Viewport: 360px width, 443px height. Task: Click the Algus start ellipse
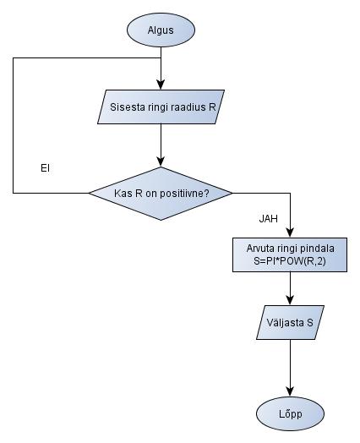click(x=161, y=30)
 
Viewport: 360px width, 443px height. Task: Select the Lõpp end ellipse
click(x=290, y=413)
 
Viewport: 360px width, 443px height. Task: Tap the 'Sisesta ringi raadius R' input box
click(x=161, y=107)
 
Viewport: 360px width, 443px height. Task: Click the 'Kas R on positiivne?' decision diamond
click(x=161, y=193)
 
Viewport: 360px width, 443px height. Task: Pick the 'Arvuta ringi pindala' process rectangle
click(x=290, y=254)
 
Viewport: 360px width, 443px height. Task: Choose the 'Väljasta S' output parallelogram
click(x=290, y=323)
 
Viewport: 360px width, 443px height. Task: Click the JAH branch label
click(x=269, y=218)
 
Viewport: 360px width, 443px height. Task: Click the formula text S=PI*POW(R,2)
click(x=290, y=261)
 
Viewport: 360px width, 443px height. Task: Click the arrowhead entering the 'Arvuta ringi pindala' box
click(x=290, y=234)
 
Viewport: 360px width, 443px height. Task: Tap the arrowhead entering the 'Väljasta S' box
click(x=290, y=303)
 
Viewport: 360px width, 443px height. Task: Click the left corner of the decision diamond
click(x=90, y=193)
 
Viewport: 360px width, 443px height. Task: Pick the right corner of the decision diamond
click(x=232, y=193)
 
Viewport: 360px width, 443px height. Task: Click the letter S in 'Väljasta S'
click(x=310, y=323)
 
